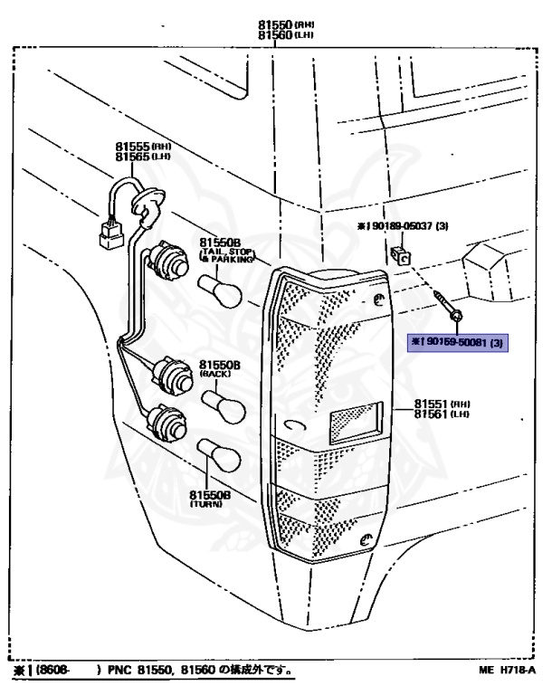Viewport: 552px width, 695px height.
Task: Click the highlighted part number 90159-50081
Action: tap(457, 342)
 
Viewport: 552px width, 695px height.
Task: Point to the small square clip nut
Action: tap(401, 253)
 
